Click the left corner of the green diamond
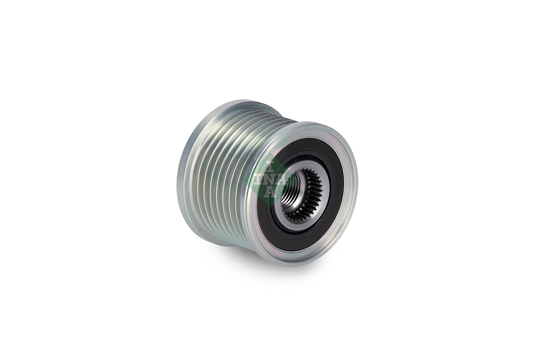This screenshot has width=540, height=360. click(244, 180)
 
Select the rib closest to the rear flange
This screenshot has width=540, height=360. click(192, 168)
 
